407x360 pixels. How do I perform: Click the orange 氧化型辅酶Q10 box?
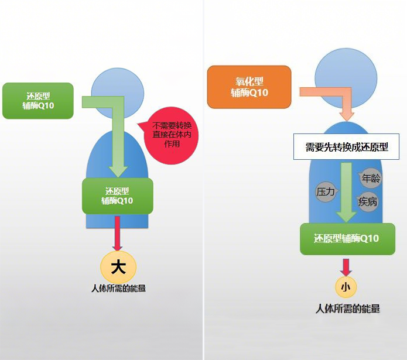pos(249,87)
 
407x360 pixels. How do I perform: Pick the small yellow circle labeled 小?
pos(346,287)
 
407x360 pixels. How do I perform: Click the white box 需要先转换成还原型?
pos(347,146)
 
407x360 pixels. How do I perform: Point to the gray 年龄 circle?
pos(371,178)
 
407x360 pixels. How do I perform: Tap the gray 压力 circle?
pos(326,191)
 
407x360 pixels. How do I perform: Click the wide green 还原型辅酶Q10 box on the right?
pos(347,238)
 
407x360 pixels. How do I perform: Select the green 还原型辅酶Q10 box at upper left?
pos(38,101)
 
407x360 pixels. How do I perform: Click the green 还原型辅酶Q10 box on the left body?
pos(117,196)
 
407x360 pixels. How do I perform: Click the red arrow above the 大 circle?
pos(118,233)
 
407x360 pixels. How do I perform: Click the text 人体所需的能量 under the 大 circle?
pos(118,288)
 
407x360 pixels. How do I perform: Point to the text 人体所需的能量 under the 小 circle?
pos(347,308)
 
